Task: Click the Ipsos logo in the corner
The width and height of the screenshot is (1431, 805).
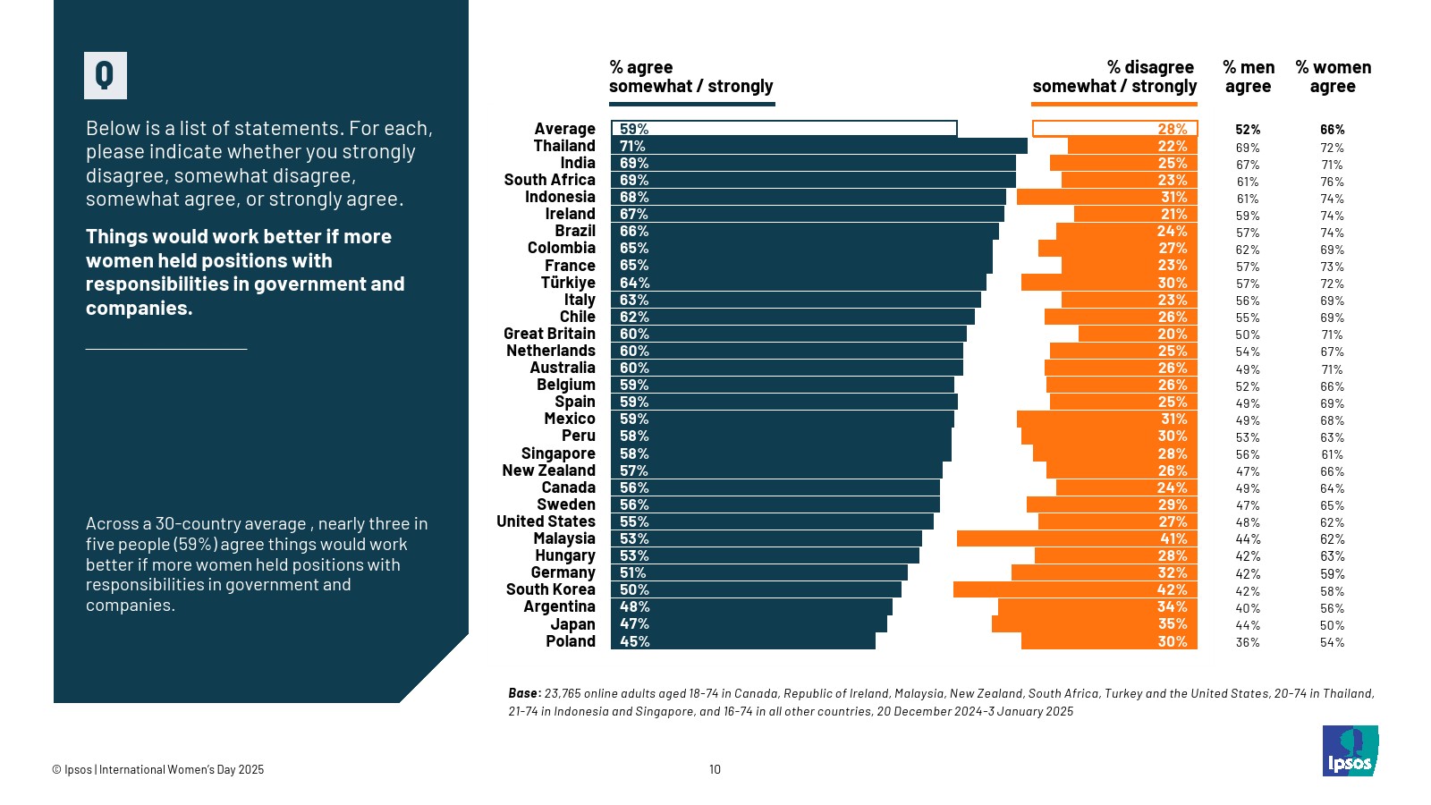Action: (1350, 750)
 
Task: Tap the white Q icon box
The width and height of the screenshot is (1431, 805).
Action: (106, 75)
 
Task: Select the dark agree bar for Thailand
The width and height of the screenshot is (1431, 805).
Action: (818, 146)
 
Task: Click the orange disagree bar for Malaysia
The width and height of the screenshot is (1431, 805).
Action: (1076, 538)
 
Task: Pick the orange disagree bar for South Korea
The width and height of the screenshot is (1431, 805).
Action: (1074, 589)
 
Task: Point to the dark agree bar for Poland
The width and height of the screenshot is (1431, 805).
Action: (742, 641)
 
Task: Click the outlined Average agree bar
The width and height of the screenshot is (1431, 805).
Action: (783, 129)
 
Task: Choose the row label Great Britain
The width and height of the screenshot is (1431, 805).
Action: (549, 334)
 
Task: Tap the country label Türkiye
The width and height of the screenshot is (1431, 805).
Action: (568, 283)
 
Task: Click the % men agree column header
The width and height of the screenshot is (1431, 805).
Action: (1248, 77)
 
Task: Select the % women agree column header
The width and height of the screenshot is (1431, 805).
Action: (1333, 77)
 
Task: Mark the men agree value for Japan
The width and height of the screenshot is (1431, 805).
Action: (1248, 625)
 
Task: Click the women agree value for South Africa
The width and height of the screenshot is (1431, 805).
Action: (1332, 182)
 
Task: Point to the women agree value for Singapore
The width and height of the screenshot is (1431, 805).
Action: (1332, 454)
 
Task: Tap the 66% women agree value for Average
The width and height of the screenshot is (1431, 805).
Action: (1332, 130)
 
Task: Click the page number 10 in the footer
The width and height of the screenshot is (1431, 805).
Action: (715, 769)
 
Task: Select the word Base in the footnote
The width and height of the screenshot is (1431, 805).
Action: (524, 693)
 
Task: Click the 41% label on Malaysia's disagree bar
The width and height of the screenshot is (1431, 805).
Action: (1173, 538)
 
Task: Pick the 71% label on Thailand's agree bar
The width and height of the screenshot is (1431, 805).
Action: (632, 146)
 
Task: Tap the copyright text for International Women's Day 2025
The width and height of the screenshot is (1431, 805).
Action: (158, 769)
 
